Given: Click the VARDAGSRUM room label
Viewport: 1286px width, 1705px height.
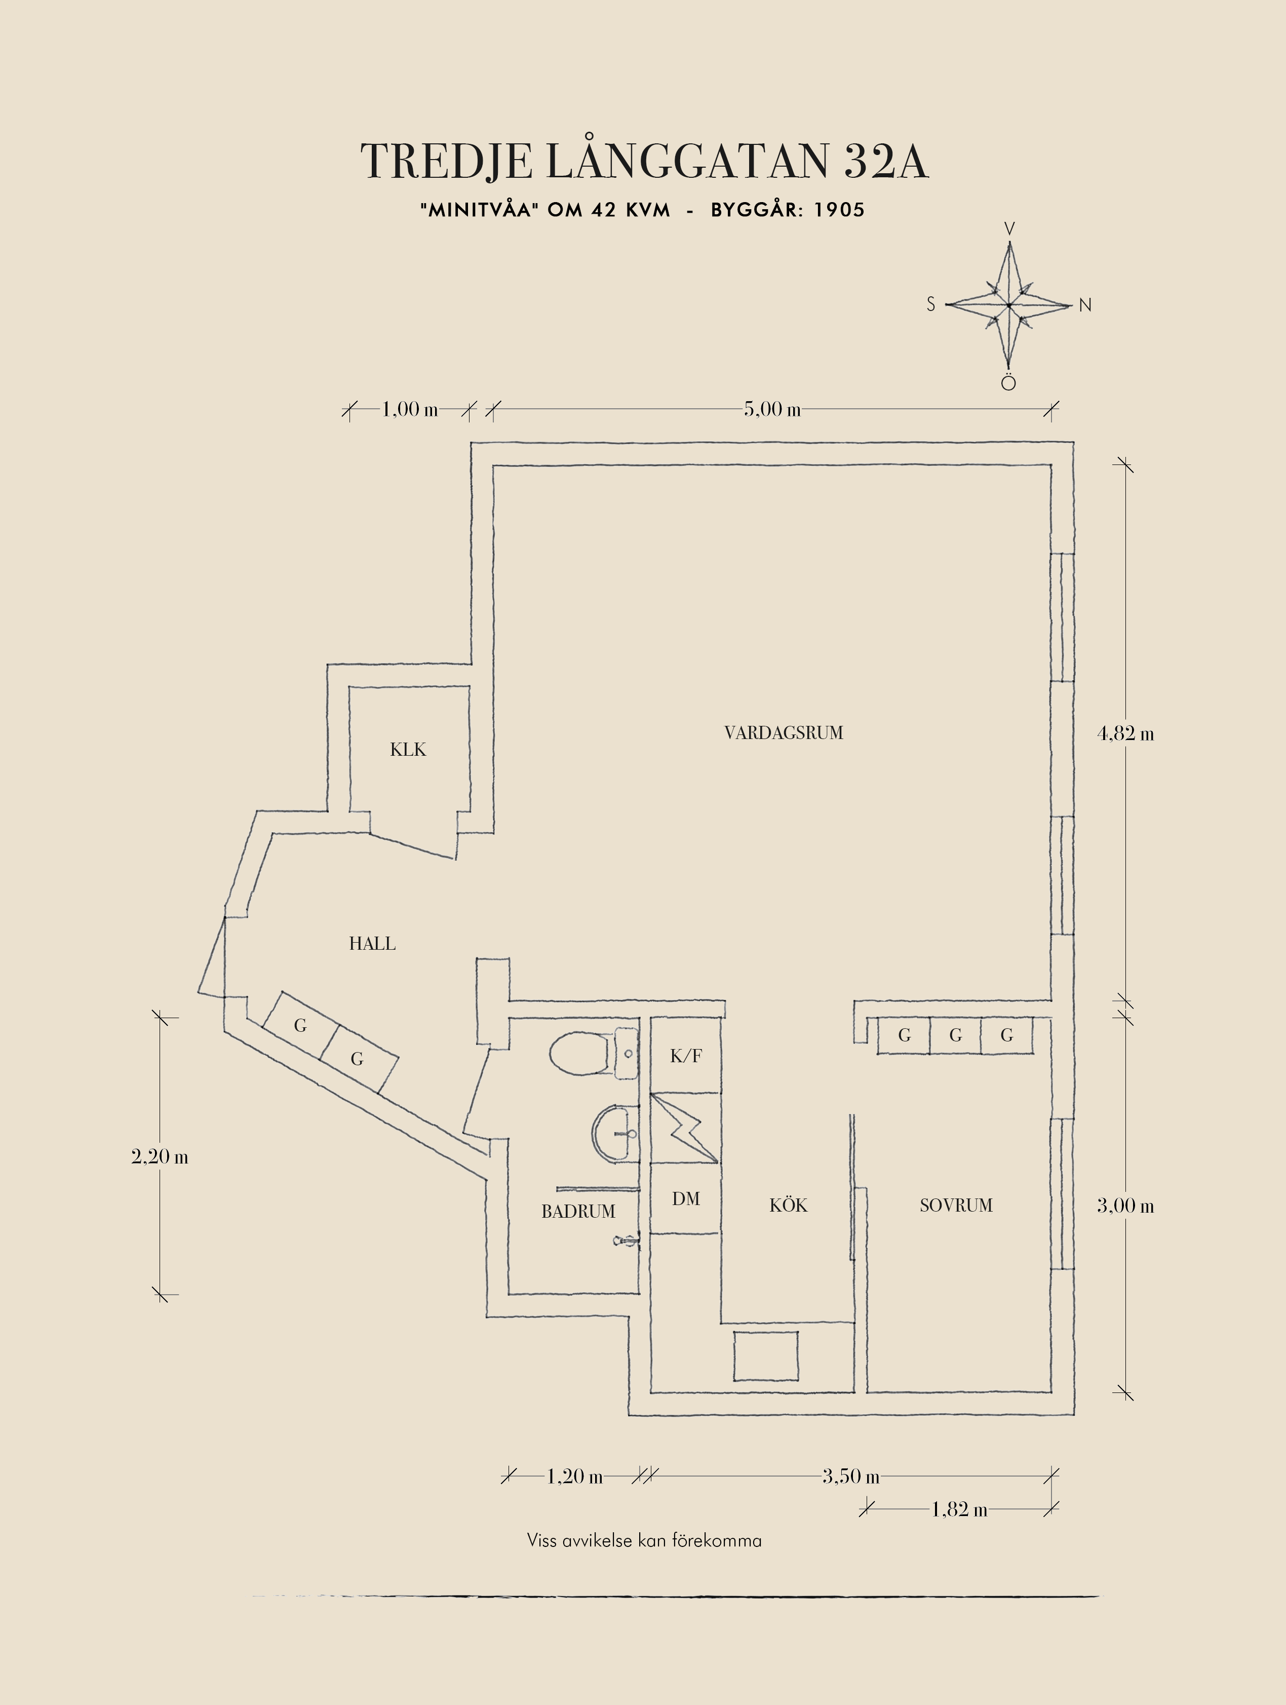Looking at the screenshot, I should (784, 733).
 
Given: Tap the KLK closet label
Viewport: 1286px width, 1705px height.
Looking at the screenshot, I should (408, 749).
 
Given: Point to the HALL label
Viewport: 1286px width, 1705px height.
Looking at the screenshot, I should (372, 944).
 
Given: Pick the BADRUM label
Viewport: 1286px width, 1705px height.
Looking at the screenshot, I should (578, 1212).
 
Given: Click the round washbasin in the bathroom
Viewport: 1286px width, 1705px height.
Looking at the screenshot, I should (615, 1133).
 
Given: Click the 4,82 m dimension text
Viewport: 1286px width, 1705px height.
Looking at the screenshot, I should (1125, 734).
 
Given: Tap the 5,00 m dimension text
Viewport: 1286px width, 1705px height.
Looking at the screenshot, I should (772, 409).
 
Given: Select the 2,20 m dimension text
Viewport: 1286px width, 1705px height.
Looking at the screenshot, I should (160, 1157).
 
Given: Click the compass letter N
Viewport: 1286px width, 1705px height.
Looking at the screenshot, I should (1085, 305).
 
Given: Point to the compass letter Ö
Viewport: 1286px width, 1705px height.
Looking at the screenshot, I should (1008, 383).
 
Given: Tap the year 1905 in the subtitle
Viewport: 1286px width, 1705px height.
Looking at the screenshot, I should (839, 210).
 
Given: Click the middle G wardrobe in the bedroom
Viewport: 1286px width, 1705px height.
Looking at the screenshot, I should (955, 1035).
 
